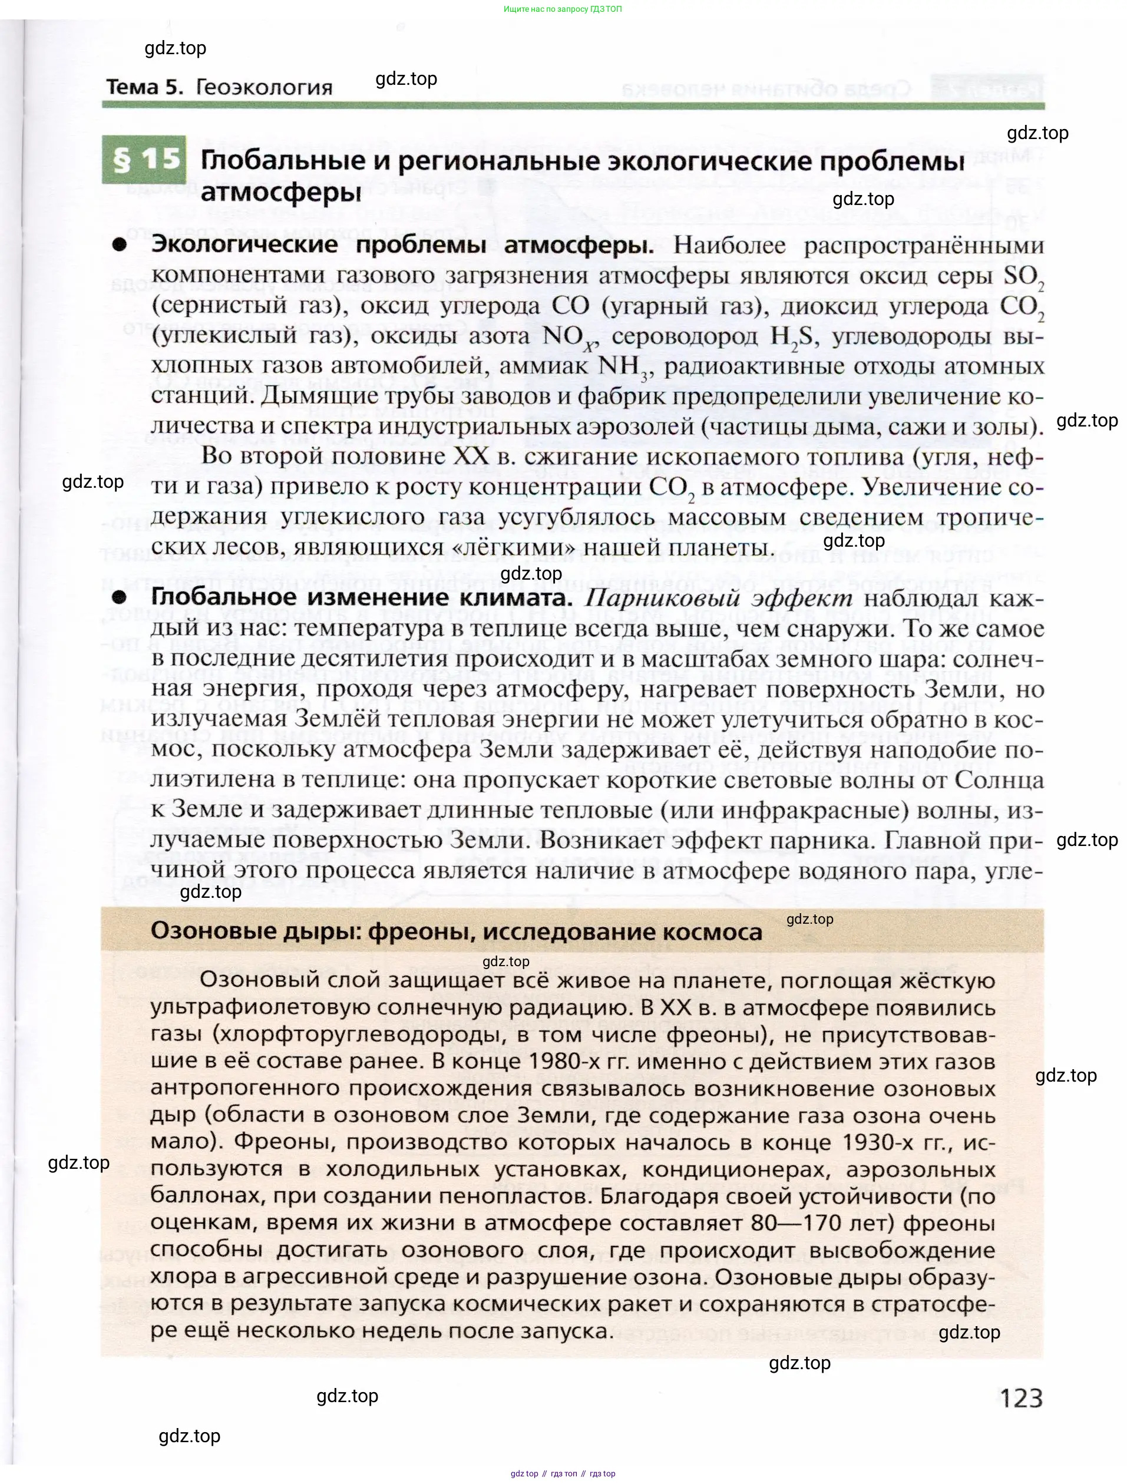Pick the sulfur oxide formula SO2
click(x=1024, y=277)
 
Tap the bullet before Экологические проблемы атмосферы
click(x=120, y=245)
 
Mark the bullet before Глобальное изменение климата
click(x=120, y=597)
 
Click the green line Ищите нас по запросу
click(x=562, y=9)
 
